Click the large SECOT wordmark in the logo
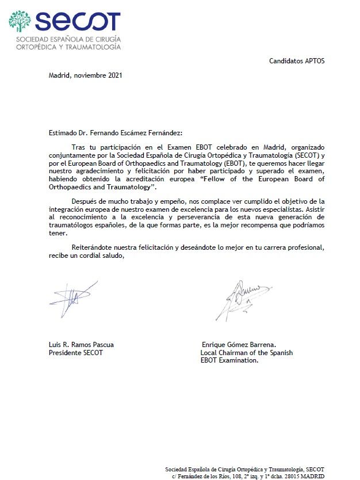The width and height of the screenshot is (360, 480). click(77, 22)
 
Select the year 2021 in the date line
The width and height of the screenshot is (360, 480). click(114, 75)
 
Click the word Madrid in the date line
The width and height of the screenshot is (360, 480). click(59, 75)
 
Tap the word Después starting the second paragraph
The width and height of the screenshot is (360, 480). click(85, 201)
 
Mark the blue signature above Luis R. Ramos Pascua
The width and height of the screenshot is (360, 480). click(72, 300)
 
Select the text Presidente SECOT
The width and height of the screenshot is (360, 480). click(76, 353)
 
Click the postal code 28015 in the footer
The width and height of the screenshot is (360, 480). click(290, 477)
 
